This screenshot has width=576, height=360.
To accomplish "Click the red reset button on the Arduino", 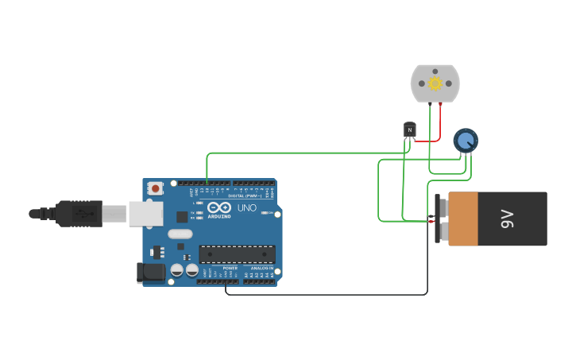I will [155, 188].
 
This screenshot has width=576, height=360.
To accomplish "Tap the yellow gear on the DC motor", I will [435, 83].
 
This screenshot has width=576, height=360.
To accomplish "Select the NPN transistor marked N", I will [410, 129].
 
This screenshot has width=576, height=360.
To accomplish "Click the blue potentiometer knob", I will [466, 141].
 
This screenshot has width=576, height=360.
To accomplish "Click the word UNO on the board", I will [247, 207].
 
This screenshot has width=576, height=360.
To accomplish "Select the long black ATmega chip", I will [237, 254].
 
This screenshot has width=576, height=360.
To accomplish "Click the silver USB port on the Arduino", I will [146, 213].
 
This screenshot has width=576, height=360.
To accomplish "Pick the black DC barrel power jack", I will [151, 273].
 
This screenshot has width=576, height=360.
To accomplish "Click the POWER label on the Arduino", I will [230, 269].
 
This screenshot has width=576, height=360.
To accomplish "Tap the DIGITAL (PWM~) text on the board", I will [247, 195].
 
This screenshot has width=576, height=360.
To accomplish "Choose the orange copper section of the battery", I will [463, 219].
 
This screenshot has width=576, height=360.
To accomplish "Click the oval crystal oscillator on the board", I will [180, 234].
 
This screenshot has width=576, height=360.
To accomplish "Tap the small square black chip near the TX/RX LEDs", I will [182, 216].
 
